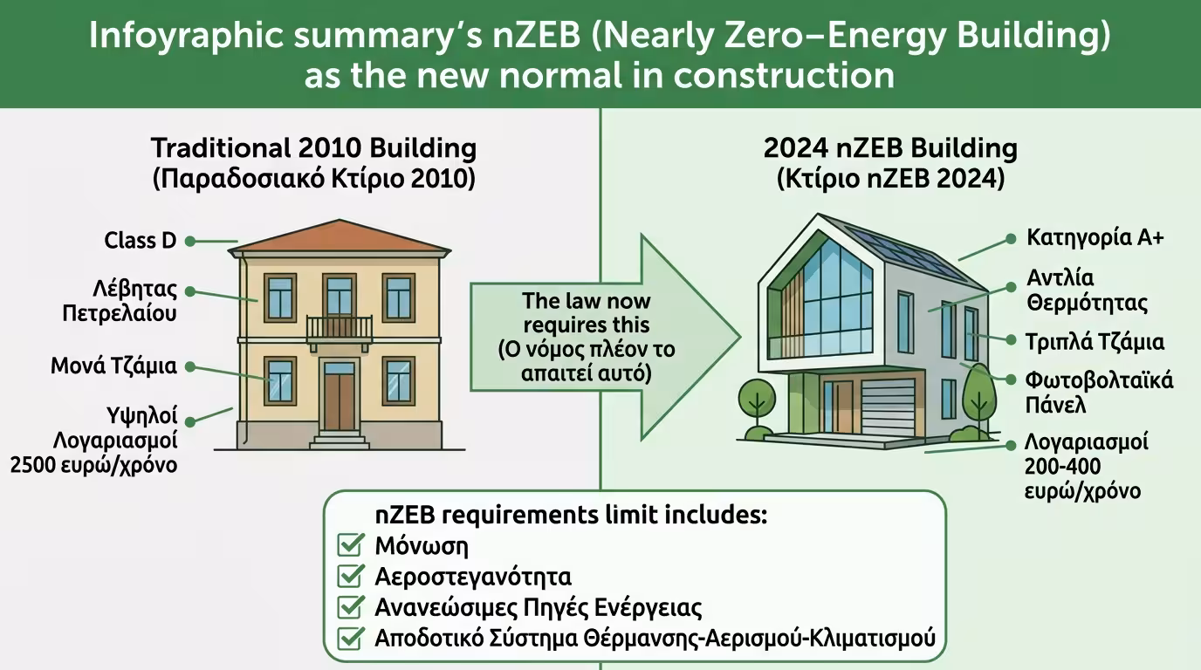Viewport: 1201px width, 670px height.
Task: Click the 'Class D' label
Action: click(141, 240)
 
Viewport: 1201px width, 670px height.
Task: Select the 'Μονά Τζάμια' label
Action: click(113, 366)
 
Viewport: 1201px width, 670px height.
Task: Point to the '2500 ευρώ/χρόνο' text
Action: click(93, 464)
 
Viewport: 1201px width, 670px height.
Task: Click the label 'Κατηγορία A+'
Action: click(1095, 237)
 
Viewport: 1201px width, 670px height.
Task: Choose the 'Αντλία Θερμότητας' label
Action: click(1087, 291)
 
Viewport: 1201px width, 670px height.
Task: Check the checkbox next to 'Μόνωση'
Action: click(350, 546)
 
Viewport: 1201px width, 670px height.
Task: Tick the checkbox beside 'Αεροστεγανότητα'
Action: click(350, 577)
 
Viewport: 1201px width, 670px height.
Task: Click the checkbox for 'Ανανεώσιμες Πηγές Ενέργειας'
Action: click(350, 607)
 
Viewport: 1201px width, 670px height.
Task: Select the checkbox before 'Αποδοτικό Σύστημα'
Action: click(350, 638)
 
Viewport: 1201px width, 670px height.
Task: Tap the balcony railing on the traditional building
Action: click(340, 328)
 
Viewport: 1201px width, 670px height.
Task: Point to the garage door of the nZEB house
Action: click(888, 407)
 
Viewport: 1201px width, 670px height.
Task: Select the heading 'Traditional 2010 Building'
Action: click(313, 147)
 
